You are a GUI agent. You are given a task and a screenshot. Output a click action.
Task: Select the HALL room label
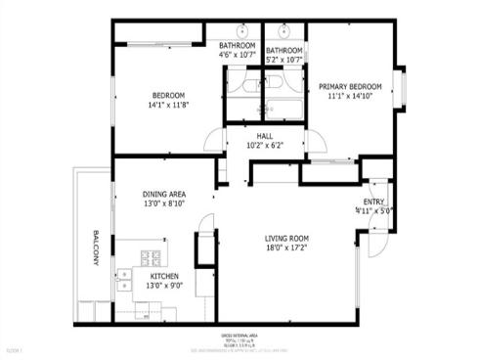coord(264,137)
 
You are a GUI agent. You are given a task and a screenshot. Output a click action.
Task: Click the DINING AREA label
coord(164,194)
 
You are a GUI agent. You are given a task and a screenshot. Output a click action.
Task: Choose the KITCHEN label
coord(164,277)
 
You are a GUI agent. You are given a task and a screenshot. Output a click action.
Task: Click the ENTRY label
coord(373,202)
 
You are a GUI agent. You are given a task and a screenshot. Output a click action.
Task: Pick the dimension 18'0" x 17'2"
coord(286,248)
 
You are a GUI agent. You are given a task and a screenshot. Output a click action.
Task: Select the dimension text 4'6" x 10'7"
coord(237,56)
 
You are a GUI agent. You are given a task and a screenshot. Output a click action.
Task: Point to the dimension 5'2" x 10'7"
coord(284,61)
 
